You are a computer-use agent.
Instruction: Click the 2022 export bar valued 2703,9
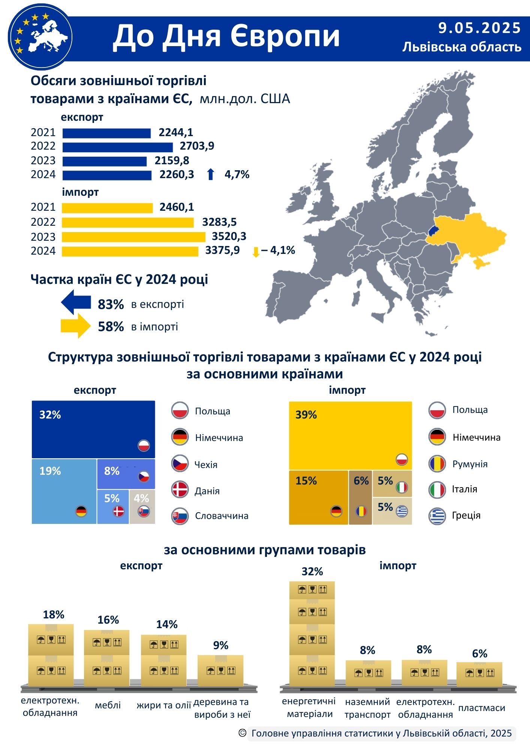117,147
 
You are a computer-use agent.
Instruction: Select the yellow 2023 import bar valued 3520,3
133,237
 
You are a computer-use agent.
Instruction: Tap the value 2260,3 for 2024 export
177,174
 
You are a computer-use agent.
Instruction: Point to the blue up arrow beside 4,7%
211,174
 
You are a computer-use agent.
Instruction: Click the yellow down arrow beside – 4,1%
256,252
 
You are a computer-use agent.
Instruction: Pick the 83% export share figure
111,304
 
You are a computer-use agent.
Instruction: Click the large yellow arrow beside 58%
76,326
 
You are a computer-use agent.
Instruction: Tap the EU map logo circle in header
40,37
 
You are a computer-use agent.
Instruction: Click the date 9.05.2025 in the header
479,28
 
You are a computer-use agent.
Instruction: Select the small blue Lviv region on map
433,230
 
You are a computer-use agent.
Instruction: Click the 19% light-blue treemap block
64,491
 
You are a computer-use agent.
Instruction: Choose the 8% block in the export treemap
126,474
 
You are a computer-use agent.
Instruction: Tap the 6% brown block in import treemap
360,497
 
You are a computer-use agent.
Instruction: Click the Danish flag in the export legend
180,490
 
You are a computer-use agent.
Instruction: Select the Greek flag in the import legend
437,516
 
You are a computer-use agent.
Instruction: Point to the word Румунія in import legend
470,464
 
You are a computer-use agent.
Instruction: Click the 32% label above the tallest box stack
312,571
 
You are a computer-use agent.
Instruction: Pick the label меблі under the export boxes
108,705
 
